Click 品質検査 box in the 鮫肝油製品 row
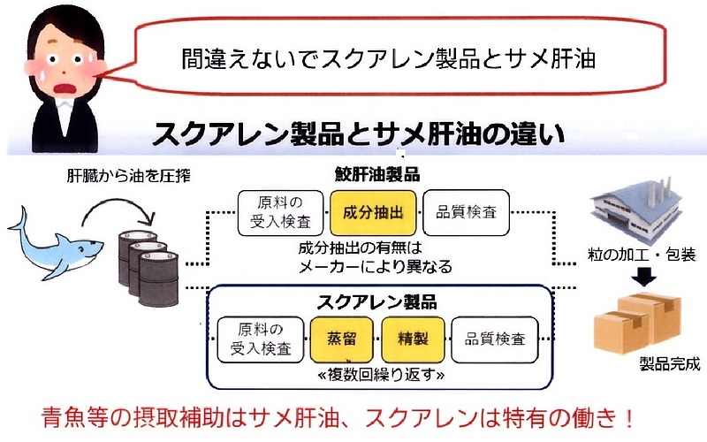click(x=466, y=213)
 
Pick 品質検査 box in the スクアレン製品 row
click(x=494, y=339)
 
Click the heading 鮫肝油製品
click(x=377, y=174)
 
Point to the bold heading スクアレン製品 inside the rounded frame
click(x=376, y=301)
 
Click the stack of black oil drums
click(x=147, y=264)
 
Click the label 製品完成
click(x=669, y=365)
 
